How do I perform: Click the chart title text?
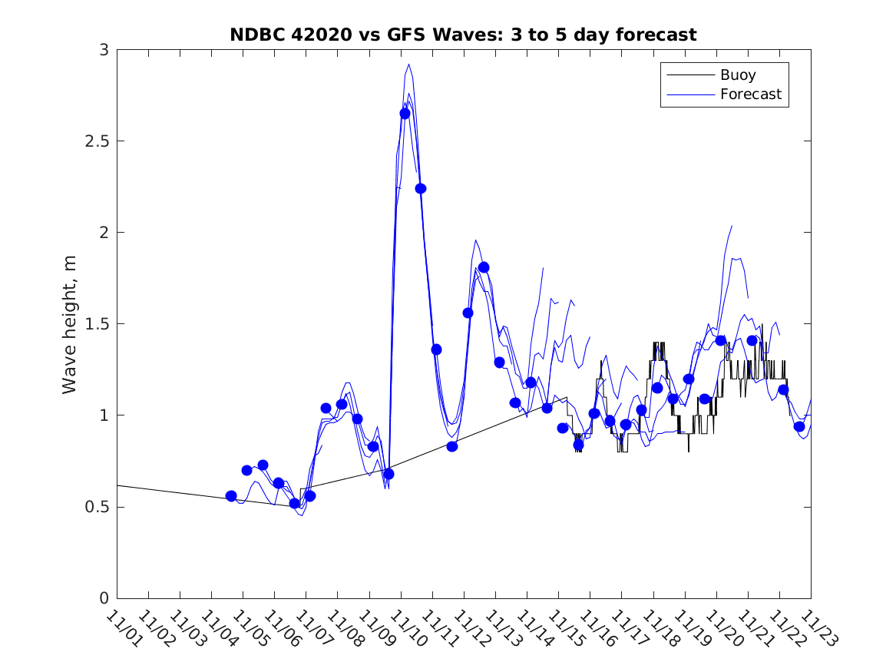pyautogui.click(x=463, y=35)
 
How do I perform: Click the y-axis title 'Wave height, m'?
pyautogui.click(x=70, y=323)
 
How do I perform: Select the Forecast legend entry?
pyautogui.click(x=750, y=94)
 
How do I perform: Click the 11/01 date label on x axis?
pyautogui.click(x=124, y=629)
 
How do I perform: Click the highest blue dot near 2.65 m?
pyautogui.click(x=405, y=114)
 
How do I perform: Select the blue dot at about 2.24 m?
pyautogui.click(x=420, y=188)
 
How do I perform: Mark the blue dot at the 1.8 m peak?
pyautogui.click(x=484, y=267)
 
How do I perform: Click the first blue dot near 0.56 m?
pyautogui.click(x=231, y=496)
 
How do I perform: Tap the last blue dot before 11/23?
pyautogui.click(x=798, y=426)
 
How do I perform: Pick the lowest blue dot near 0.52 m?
pyautogui.click(x=294, y=503)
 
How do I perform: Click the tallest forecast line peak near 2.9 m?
pyautogui.click(x=408, y=65)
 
